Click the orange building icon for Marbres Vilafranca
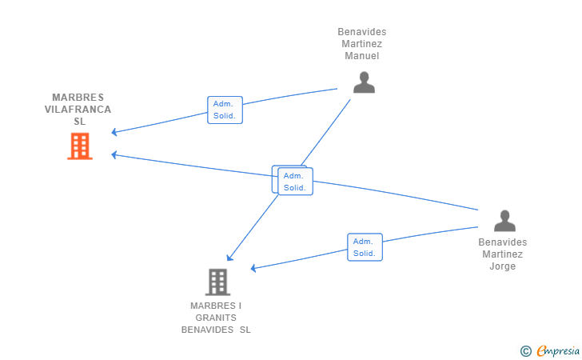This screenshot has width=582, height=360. [x=80, y=146]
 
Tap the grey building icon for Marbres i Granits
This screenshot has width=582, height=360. [x=218, y=282]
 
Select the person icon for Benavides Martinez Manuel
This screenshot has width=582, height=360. [x=364, y=82]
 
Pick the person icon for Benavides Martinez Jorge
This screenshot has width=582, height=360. [x=504, y=221]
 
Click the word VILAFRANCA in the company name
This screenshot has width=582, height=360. [x=78, y=110]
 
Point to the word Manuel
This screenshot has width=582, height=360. [x=362, y=56]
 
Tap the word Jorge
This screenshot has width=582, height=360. [x=503, y=266]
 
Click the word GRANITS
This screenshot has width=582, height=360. [x=216, y=318]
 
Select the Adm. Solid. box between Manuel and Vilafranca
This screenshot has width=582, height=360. [x=225, y=110]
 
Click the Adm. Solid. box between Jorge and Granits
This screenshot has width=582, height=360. [x=365, y=247]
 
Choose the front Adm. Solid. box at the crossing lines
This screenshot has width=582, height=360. [x=296, y=182]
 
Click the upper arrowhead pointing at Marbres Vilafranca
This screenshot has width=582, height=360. [x=114, y=132]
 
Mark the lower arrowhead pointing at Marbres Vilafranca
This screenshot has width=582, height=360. [x=114, y=154]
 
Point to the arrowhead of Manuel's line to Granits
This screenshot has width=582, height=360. [x=229, y=258]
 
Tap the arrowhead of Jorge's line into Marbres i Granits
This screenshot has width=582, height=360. [x=253, y=268]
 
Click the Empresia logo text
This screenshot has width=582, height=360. [x=558, y=350]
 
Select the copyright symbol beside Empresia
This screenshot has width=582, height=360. [x=526, y=351]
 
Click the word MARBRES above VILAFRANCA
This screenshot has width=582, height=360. [x=78, y=98]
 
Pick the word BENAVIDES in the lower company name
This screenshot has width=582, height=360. [x=208, y=330]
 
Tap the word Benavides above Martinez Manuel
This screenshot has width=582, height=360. [x=362, y=32]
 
